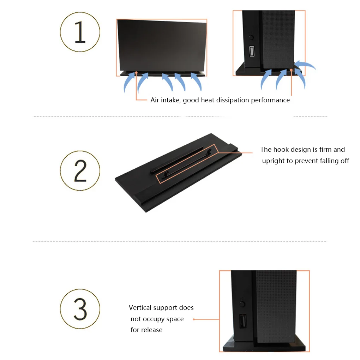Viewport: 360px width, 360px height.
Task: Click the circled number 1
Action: point(80,32)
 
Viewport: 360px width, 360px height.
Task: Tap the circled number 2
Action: point(80,170)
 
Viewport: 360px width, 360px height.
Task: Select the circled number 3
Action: point(80,309)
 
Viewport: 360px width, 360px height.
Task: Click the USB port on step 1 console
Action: point(252,51)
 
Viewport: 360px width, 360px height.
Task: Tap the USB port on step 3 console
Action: point(243,321)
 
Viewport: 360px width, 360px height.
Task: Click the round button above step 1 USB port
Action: point(251,37)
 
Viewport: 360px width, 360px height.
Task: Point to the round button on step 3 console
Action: point(242,304)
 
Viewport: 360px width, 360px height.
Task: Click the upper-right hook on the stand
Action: point(209,151)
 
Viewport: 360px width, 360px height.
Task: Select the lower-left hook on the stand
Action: point(166,175)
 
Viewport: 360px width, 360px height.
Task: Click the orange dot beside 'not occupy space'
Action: point(194,319)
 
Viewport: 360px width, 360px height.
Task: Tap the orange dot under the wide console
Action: point(136,73)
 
